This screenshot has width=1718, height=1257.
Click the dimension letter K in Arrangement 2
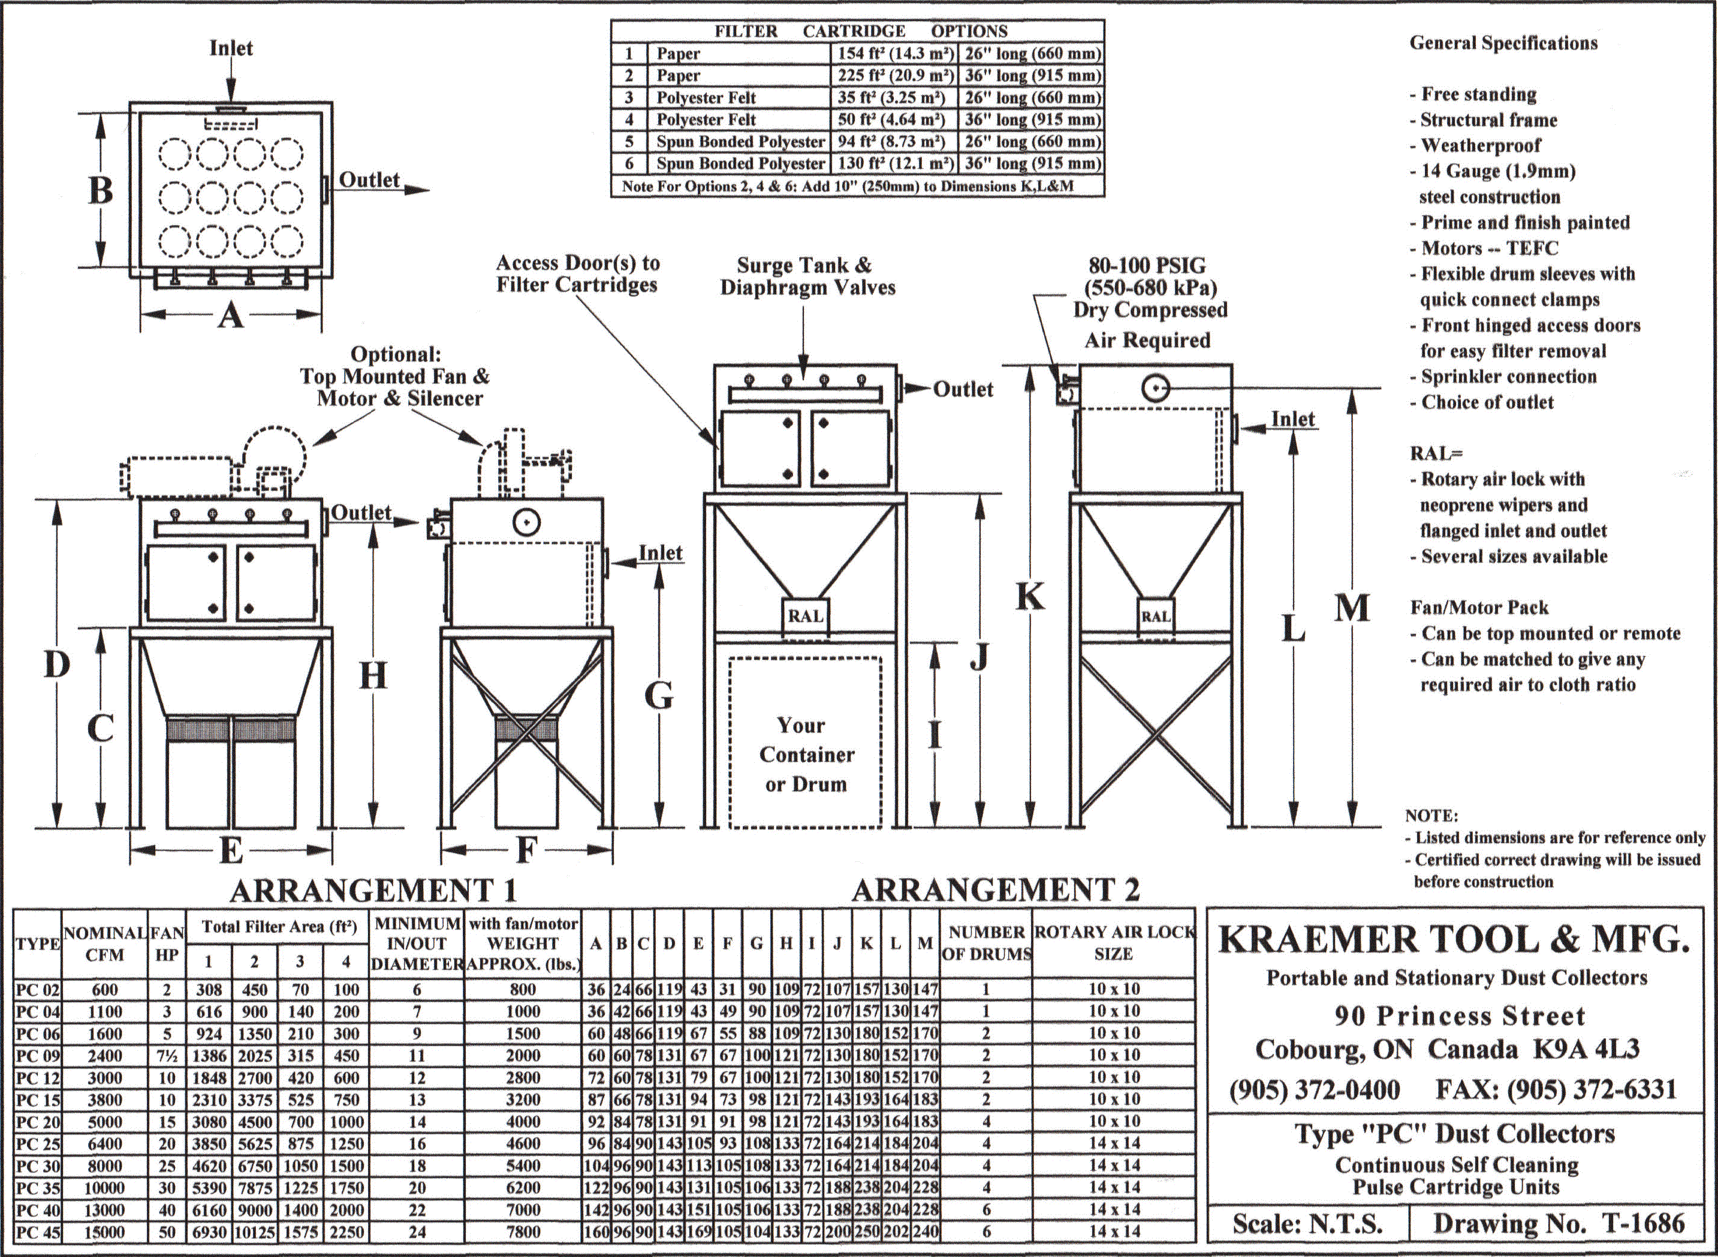pos(1031,597)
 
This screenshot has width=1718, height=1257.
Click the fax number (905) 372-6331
pos(1556,1090)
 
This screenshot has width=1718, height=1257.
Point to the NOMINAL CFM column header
pos(104,943)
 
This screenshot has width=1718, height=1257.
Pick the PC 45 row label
pos(37,1232)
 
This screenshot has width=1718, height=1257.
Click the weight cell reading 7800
pos(523,1232)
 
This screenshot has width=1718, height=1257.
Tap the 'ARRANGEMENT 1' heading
pos(373,889)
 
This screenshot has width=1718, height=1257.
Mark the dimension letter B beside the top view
pos(100,190)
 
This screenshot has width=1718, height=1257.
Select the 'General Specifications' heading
pos(1503,43)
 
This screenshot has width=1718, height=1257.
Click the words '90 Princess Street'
pos(1460,1015)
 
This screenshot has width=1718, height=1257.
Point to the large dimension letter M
pos(1351,609)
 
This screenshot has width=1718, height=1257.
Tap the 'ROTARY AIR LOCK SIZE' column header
pos(1113,943)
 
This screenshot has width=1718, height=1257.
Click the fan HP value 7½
pos(167,1055)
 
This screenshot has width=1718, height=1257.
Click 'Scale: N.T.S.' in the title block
pos(1307,1223)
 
